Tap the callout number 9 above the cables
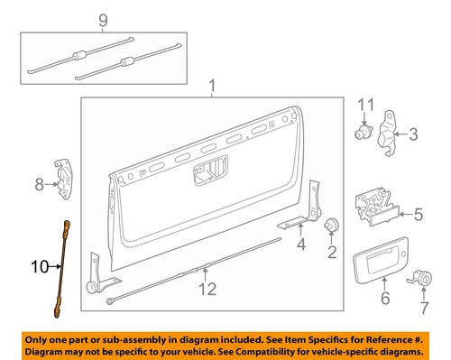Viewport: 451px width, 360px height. pyautogui.click(x=103, y=20)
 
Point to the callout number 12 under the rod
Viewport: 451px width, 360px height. pyautogui.click(x=208, y=289)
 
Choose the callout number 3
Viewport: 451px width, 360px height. pyautogui.click(x=413, y=135)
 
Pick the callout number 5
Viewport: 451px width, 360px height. pyautogui.click(x=418, y=216)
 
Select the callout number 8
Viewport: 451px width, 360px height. pyautogui.click(x=40, y=185)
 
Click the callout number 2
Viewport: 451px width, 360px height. pyautogui.click(x=331, y=252)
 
